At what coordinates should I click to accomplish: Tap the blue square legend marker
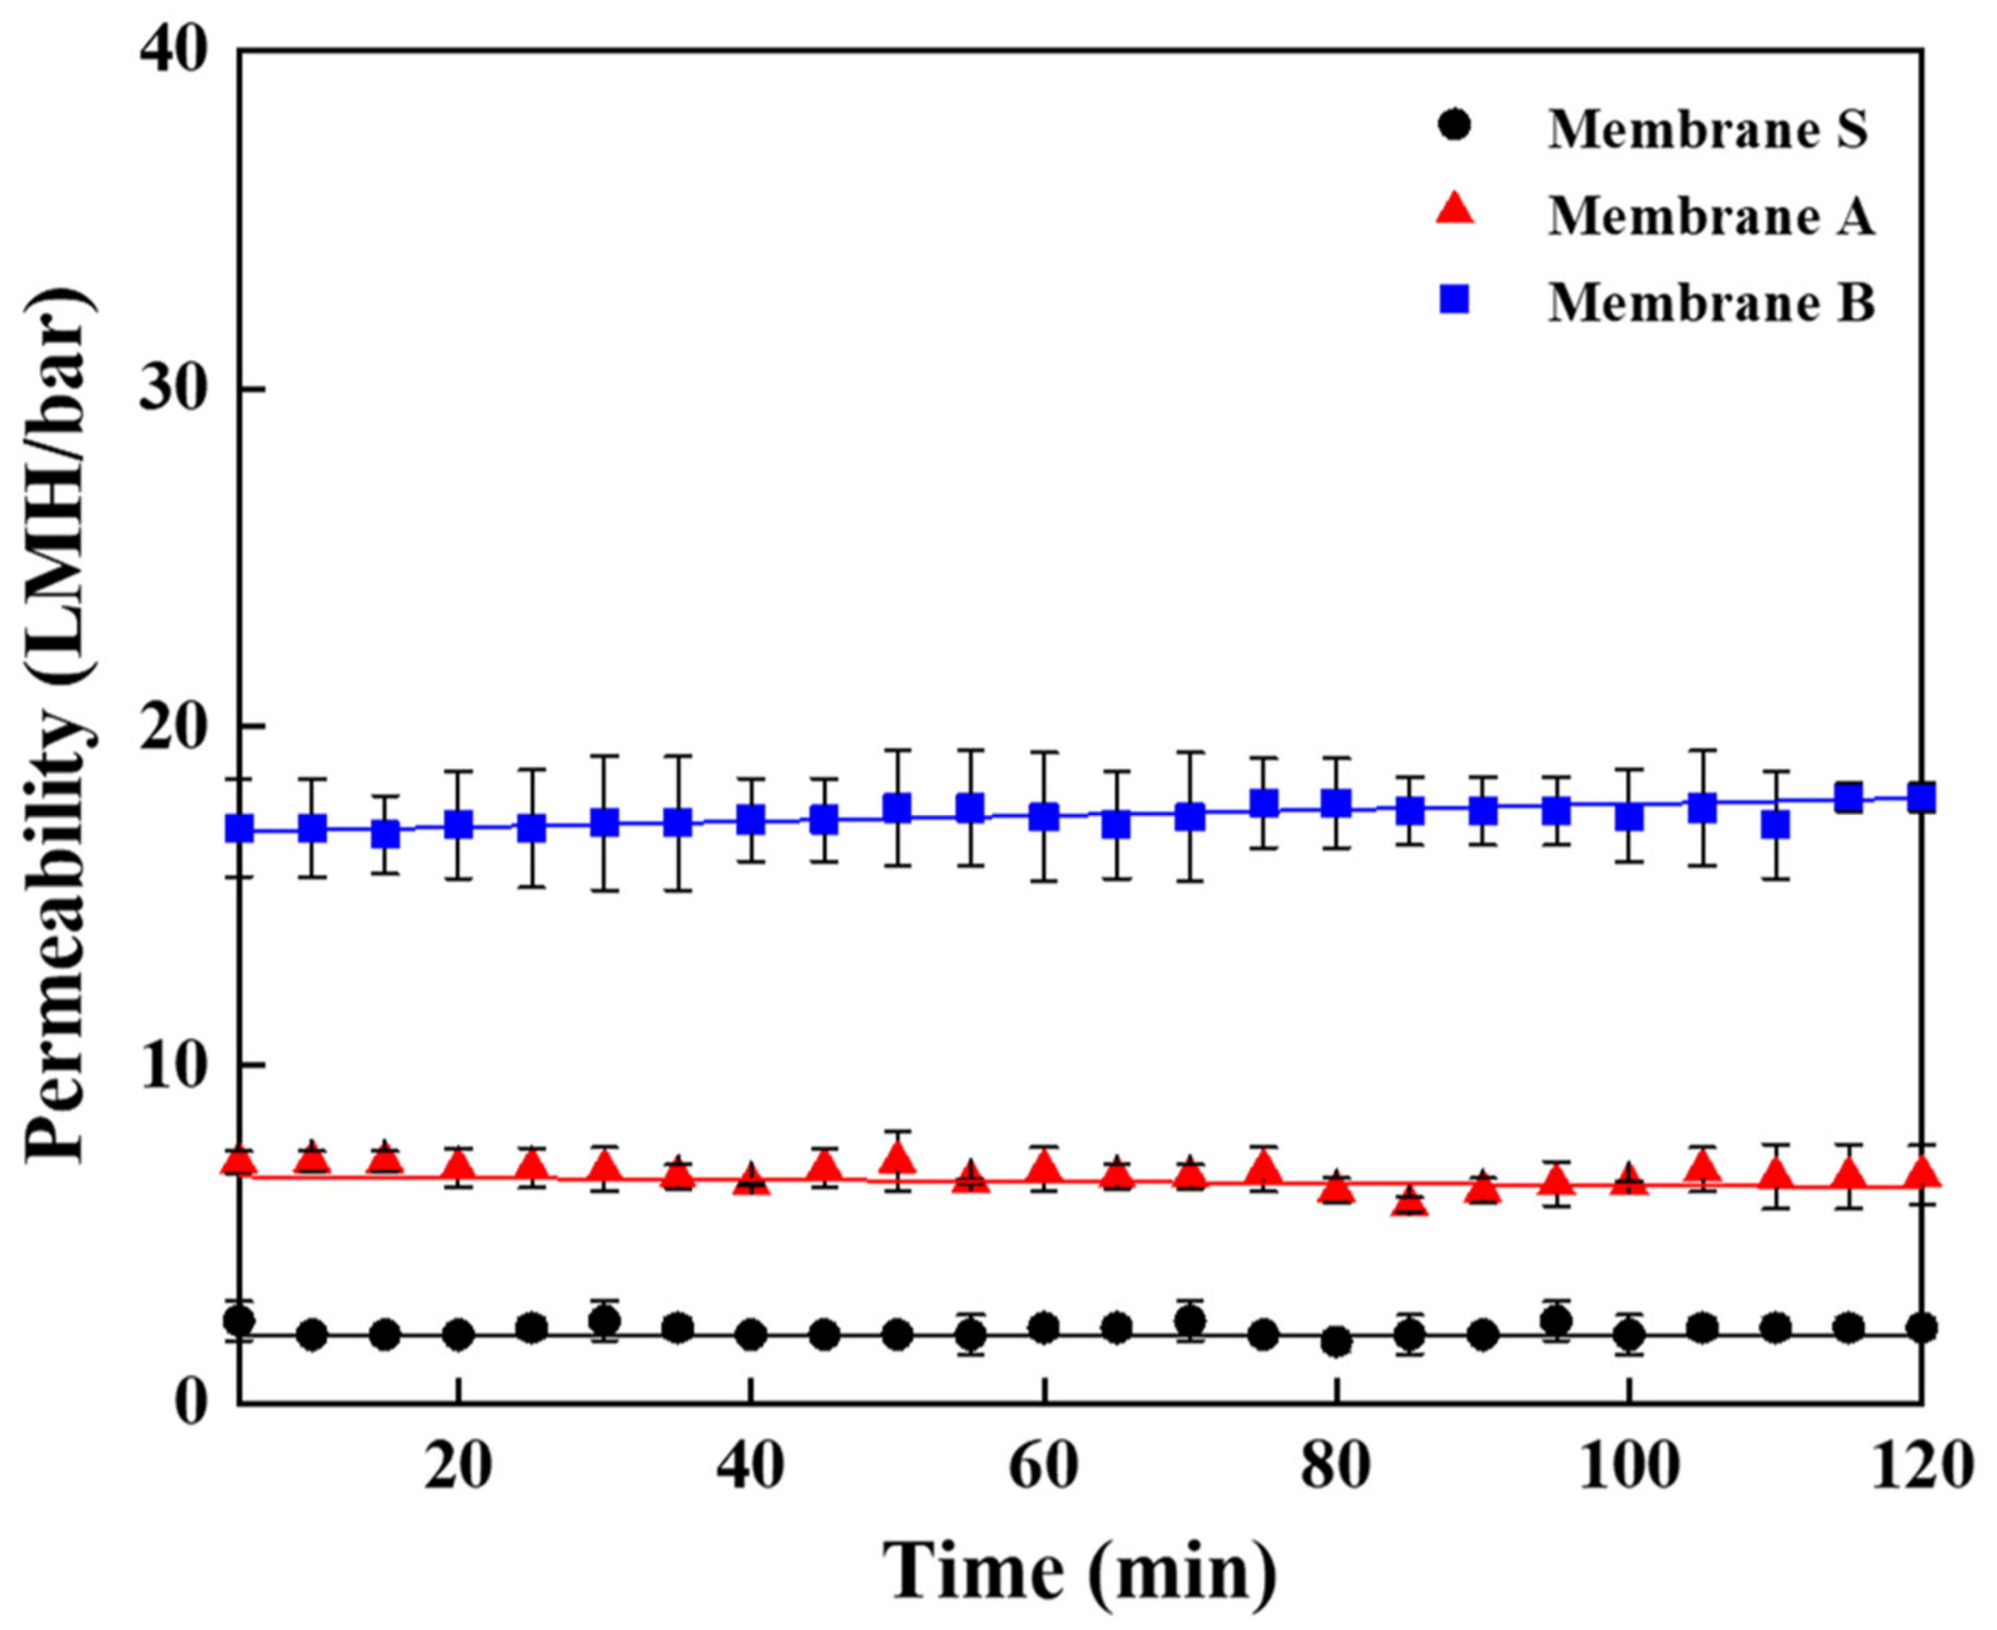click(1456, 300)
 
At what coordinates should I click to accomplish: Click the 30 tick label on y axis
click(174, 387)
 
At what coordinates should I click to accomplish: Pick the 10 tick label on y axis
click(174, 1064)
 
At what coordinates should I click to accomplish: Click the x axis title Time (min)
click(1080, 1570)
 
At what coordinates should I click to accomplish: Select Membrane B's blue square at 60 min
click(1043, 817)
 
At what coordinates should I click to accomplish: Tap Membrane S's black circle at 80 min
click(1336, 1342)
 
